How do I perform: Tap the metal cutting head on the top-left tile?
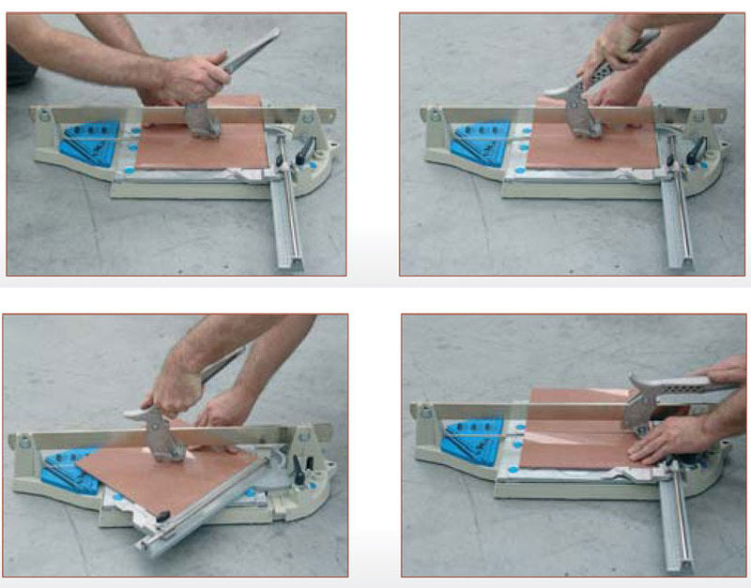[x=202, y=118]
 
